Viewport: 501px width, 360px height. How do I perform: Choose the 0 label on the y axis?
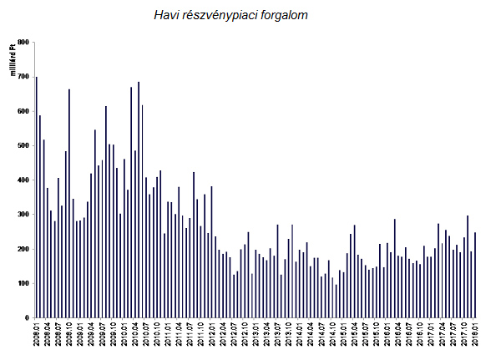click(27, 318)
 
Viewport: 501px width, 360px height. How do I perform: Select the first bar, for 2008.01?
click(36, 197)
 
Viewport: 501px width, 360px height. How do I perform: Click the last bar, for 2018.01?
click(475, 276)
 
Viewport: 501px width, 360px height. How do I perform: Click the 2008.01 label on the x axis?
click(37, 337)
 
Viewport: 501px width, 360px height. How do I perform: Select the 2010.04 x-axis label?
click(134, 337)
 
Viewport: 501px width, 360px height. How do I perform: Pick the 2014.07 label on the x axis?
click(321, 337)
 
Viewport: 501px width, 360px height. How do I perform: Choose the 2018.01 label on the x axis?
click(474, 337)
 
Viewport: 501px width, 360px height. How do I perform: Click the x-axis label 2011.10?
click(200, 337)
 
